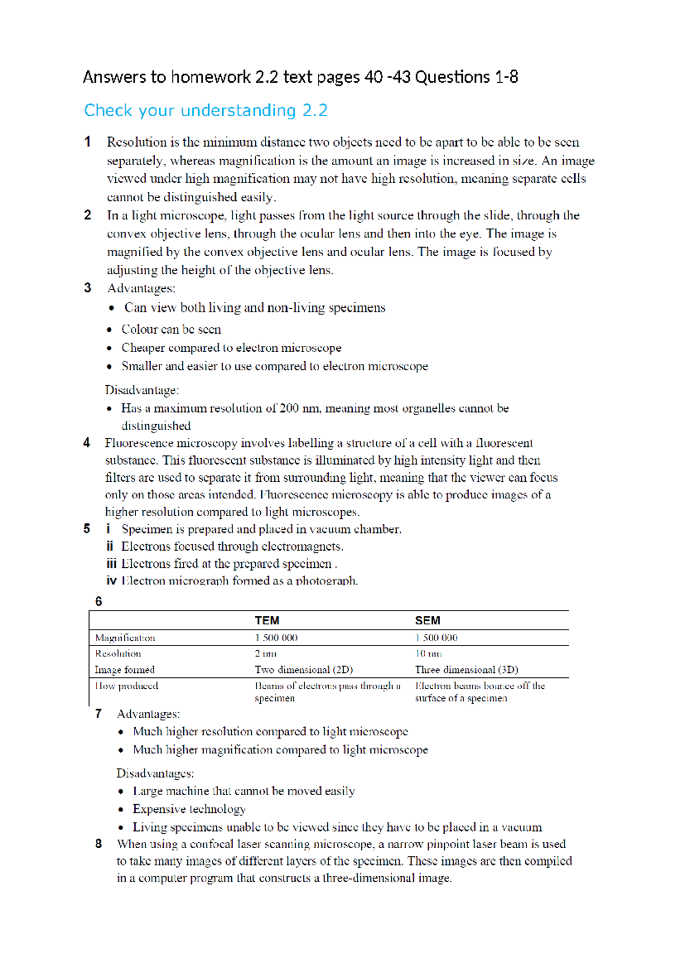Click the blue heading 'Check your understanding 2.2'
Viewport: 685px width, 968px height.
pyautogui.click(x=205, y=110)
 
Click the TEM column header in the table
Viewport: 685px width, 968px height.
pyautogui.click(x=267, y=620)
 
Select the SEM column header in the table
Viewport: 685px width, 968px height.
pyautogui.click(x=427, y=620)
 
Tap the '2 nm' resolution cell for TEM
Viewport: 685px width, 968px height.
pyautogui.click(x=265, y=654)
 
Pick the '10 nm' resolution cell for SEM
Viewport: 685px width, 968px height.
pyautogui.click(x=428, y=654)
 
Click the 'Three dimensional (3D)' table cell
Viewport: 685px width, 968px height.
pyautogui.click(x=466, y=669)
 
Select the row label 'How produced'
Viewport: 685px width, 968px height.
pyautogui.click(x=127, y=685)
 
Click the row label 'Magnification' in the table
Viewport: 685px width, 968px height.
pyautogui.click(x=125, y=638)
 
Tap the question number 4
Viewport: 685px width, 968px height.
pyautogui.click(x=87, y=443)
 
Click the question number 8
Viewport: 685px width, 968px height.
pyautogui.click(x=99, y=844)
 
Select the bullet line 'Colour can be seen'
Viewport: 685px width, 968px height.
pyautogui.click(x=171, y=329)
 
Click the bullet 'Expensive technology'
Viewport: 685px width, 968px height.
pyautogui.click(x=189, y=809)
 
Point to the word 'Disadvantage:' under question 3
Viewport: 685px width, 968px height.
pyautogui.click(x=142, y=390)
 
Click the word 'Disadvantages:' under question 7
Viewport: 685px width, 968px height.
pyautogui.click(x=155, y=773)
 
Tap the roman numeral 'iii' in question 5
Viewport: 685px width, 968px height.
pyautogui.click(x=111, y=563)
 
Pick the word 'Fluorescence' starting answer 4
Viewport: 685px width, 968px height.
pyautogui.click(x=139, y=443)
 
